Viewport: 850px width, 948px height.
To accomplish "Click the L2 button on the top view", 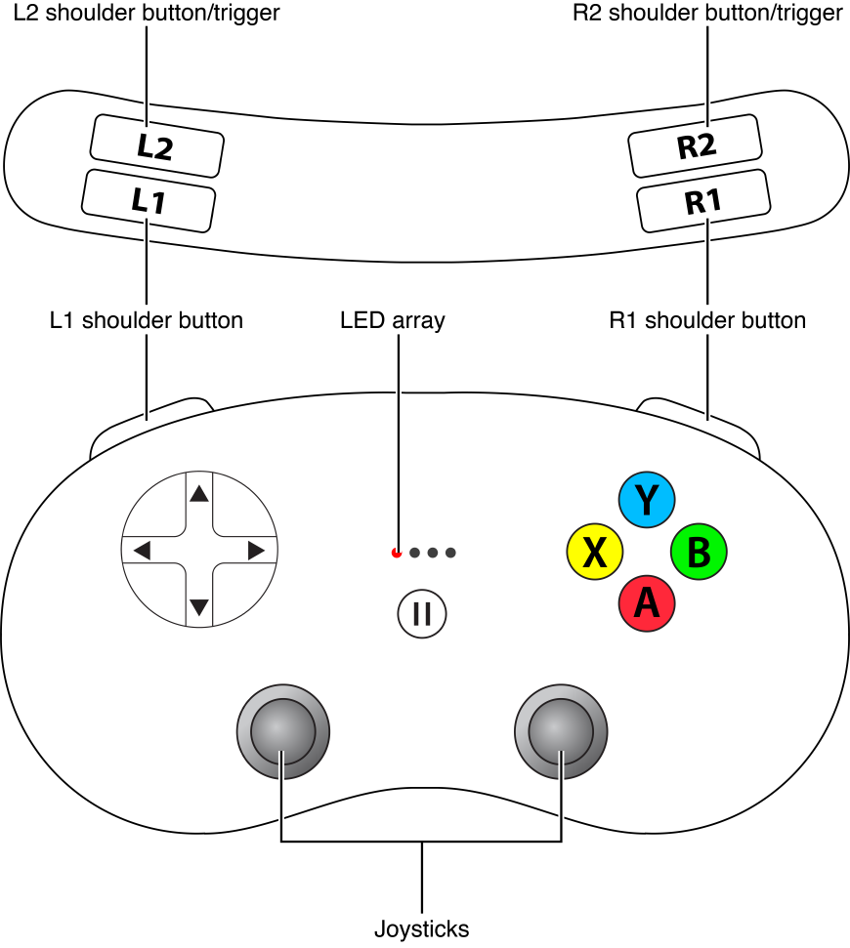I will coord(156,146).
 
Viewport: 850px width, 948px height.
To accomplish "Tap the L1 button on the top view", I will coord(148,201).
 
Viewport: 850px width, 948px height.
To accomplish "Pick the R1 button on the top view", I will coord(702,201).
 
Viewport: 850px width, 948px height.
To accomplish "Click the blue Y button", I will coord(646,501).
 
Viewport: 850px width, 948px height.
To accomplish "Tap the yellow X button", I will coord(594,553).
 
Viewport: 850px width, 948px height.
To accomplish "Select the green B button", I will coord(698,553).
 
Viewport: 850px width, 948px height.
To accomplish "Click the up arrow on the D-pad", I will coord(199,494).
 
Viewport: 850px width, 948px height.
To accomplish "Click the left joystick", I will coord(283,731).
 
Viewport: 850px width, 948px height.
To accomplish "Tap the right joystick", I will coord(560,731).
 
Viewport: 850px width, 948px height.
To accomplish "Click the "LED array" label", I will coord(392,320).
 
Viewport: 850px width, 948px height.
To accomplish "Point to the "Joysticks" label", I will coord(421,928).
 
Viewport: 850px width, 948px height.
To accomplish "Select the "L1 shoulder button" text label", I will coord(146,320).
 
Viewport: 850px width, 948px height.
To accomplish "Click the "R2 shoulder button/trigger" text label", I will coord(706,14).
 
